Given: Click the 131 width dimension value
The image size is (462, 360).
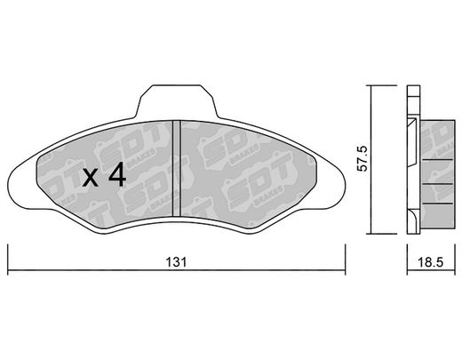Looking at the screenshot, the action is (x=176, y=262).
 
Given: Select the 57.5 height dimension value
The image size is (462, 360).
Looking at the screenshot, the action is (x=362, y=158).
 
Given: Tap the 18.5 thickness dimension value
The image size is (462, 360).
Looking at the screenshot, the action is (x=431, y=262).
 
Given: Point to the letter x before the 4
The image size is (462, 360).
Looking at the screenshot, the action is (x=90, y=178).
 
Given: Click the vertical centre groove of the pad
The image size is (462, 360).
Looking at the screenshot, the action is (x=176, y=168).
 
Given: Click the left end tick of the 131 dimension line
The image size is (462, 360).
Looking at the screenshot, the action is (x=8, y=260).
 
